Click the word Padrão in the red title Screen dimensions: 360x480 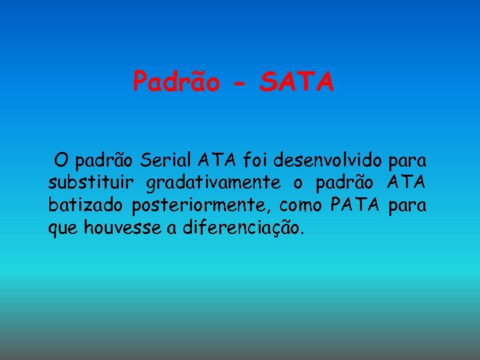(x=176, y=82)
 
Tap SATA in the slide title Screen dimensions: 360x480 (x=297, y=82)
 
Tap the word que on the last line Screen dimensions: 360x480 (x=63, y=229)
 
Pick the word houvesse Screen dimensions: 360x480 (x=122, y=228)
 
